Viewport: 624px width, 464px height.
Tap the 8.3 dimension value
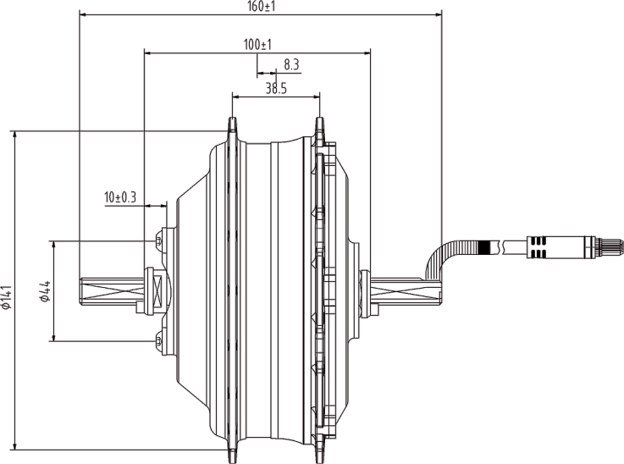click(292, 64)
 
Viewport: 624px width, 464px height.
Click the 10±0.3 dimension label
click(120, 197)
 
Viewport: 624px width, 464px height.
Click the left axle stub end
click(84, 291)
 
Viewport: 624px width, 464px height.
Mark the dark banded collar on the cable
click(484, 247)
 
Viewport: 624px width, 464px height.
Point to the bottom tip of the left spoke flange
click(230, 459)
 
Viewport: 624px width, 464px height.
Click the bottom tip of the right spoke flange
click(319, 459)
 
